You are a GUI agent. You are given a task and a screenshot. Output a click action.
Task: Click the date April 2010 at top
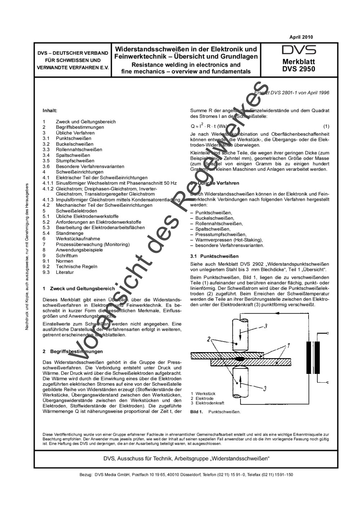[x=301, y=37]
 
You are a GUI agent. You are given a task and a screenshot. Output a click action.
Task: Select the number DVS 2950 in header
[x=298, y=69]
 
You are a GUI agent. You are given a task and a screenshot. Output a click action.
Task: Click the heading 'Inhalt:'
[x=50, y=111]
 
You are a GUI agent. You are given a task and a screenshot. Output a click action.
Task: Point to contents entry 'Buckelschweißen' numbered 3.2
[x=74, y=144]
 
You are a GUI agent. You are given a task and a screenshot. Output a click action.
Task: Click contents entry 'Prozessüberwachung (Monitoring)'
[x=93, y=244]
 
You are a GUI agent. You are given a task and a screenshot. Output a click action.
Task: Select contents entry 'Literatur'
[x=65, y=272]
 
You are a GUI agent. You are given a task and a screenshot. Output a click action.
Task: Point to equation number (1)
[x=326, y=126]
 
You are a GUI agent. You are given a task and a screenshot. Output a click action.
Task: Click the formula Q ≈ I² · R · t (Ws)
[x=208, y=126]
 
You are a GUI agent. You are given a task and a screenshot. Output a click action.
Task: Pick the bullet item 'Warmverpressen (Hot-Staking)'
[x=229, y=240]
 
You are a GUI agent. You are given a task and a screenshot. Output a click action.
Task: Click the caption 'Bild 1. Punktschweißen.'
[x=215, y=412]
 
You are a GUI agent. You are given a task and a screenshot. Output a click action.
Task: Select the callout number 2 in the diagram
[x=208, y=339]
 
